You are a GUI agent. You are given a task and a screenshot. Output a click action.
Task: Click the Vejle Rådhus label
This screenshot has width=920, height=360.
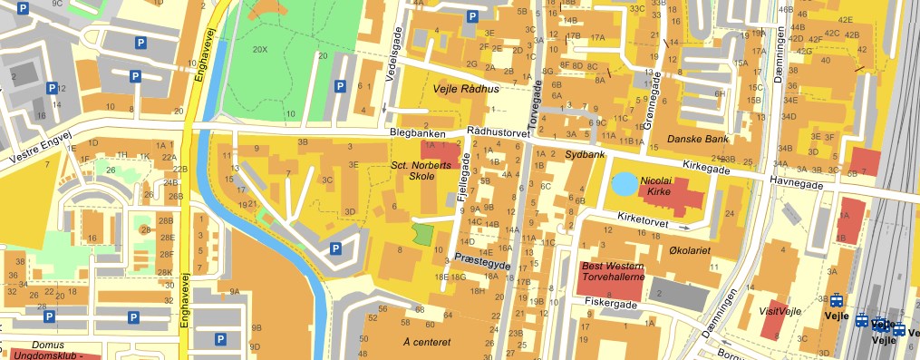(x=466, y=88)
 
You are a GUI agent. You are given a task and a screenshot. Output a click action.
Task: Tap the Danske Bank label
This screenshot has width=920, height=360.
(x=698, y=140)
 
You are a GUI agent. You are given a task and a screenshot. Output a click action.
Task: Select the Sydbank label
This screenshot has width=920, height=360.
(x=584, y=155)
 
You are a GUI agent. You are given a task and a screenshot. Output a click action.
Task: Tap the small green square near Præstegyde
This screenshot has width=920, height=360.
(x=423, y=233)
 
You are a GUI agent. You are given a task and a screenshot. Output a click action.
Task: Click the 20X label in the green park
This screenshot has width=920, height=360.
(x=260, y=48)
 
